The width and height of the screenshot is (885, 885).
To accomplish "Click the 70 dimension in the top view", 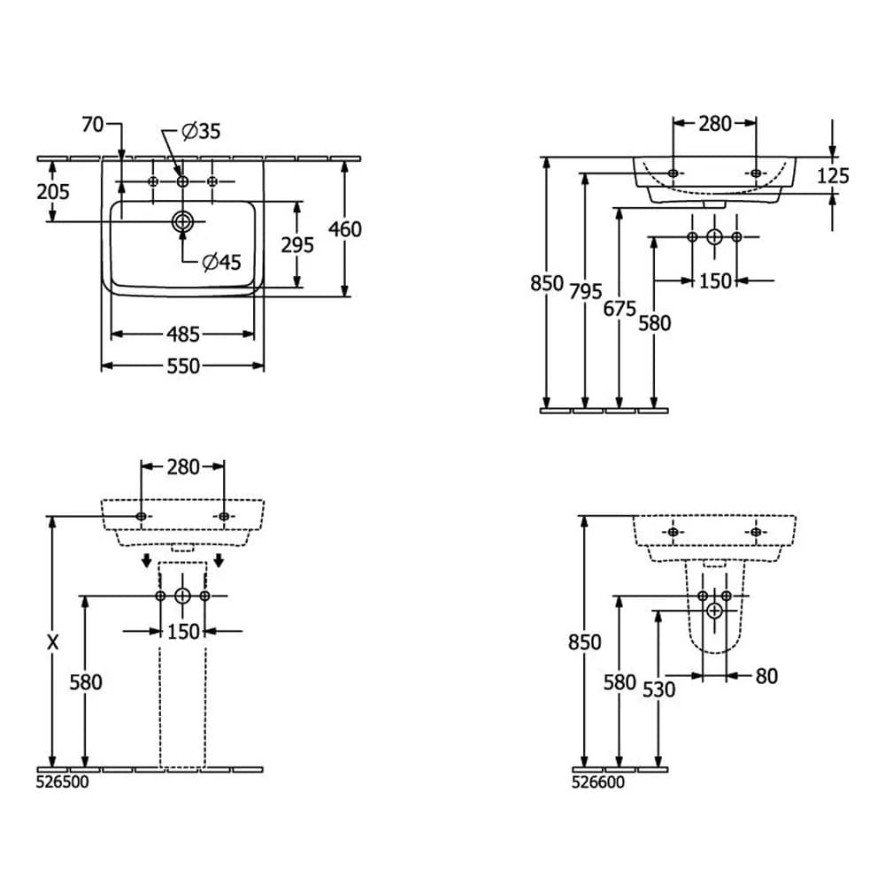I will point(92,126).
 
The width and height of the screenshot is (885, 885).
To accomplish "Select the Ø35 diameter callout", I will point(201,131).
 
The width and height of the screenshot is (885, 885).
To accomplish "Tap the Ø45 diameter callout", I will point(221,262).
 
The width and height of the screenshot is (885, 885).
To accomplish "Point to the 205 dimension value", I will point(52,191).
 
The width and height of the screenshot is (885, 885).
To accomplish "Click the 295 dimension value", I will point(297,245).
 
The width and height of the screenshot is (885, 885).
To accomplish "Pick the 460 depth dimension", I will point(345,229).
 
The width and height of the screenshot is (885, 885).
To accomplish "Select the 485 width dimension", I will point(182,335).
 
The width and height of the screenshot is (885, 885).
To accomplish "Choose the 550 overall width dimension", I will point(182,366).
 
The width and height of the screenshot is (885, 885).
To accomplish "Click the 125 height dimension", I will point(833,175).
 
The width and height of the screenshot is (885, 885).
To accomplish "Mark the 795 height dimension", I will point(586,291).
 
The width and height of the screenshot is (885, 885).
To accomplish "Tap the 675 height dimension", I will point(619,309).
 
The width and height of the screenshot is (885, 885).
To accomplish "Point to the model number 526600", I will point(598,781).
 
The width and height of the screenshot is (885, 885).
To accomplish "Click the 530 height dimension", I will point(658,689).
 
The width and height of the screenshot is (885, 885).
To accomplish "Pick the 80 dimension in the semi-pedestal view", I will point(766,676).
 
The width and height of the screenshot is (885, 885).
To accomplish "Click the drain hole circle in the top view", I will point(182,221).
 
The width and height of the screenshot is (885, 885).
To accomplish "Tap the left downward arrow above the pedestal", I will point(147,562).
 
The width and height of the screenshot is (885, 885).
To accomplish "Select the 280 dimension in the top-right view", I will point(715,124).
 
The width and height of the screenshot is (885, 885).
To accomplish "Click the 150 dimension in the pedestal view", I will point(183,631).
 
